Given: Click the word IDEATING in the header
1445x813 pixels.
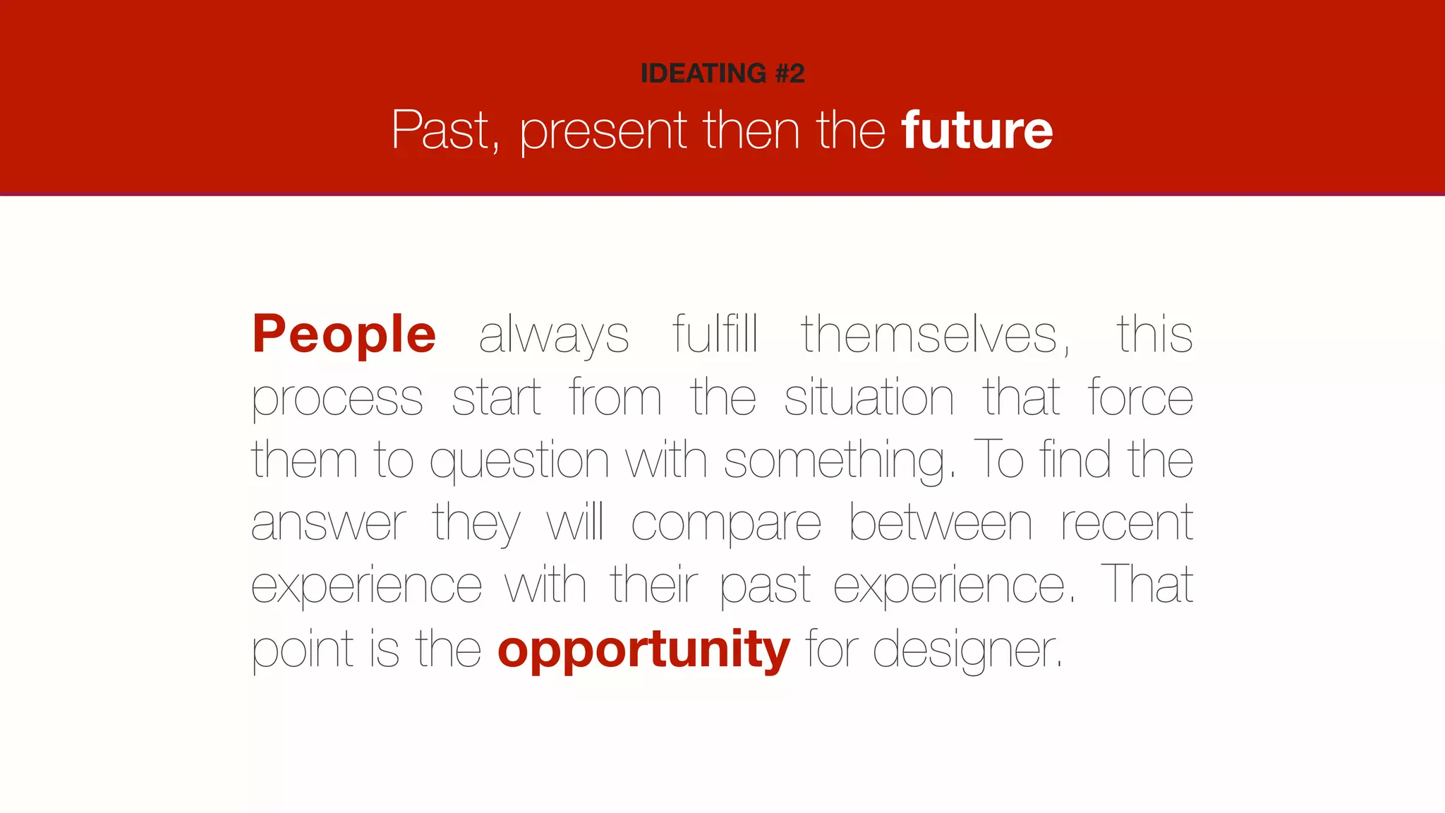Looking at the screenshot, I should [703, 73].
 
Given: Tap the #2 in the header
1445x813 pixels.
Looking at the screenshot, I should [790, 73].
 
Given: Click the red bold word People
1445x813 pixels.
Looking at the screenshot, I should [344, 334].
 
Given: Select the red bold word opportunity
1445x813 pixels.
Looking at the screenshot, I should [643, 650].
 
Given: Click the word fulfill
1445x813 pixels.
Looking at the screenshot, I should [715, 334].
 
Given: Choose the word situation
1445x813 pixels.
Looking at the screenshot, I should [869, 397].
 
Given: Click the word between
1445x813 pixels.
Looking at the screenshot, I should [941, 523].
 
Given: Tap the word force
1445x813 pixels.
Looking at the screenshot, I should [1140, 397].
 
